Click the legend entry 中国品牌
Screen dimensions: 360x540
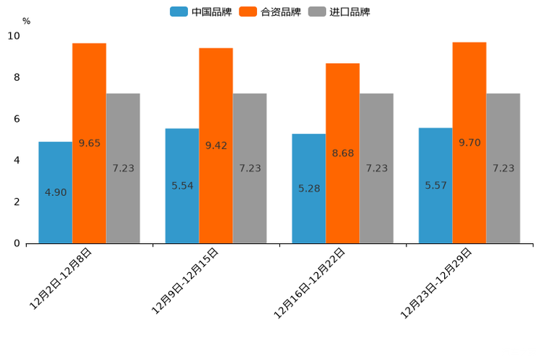tap(201, 12)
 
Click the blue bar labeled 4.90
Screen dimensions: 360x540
tap(55, 192)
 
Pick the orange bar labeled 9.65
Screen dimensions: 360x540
tap(89, 143)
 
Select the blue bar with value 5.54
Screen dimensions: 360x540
tap(182, 186)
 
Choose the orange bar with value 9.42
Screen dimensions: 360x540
tap(216, 145)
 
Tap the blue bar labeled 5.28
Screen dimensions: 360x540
tap(308, 189)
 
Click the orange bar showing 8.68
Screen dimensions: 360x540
tap(343, 153)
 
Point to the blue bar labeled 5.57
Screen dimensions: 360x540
tap(435, 185)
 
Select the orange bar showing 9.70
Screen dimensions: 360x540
tap(470, 142)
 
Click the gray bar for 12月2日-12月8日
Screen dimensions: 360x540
tap(123, 168)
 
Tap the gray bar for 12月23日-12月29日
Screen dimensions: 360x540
tap(503, 168)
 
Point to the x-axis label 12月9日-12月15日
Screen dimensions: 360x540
tap(185, 281)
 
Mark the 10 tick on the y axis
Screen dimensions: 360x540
tap(14, 36)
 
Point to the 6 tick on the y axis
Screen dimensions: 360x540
tap(17, 119)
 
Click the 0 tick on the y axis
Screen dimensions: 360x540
tap(17, 244)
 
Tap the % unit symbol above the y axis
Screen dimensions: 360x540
tap(26, 22)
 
